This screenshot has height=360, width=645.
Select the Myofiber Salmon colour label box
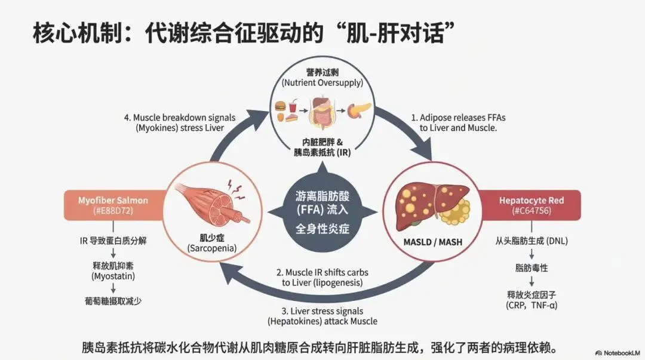[x=112, y=205]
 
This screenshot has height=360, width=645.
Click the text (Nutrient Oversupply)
[x=323, y=83]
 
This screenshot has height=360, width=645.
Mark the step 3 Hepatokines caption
[x=322, y=316]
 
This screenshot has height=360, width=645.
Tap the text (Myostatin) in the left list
[x=113, y=276]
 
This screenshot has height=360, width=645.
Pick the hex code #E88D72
[x=112, y=211]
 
